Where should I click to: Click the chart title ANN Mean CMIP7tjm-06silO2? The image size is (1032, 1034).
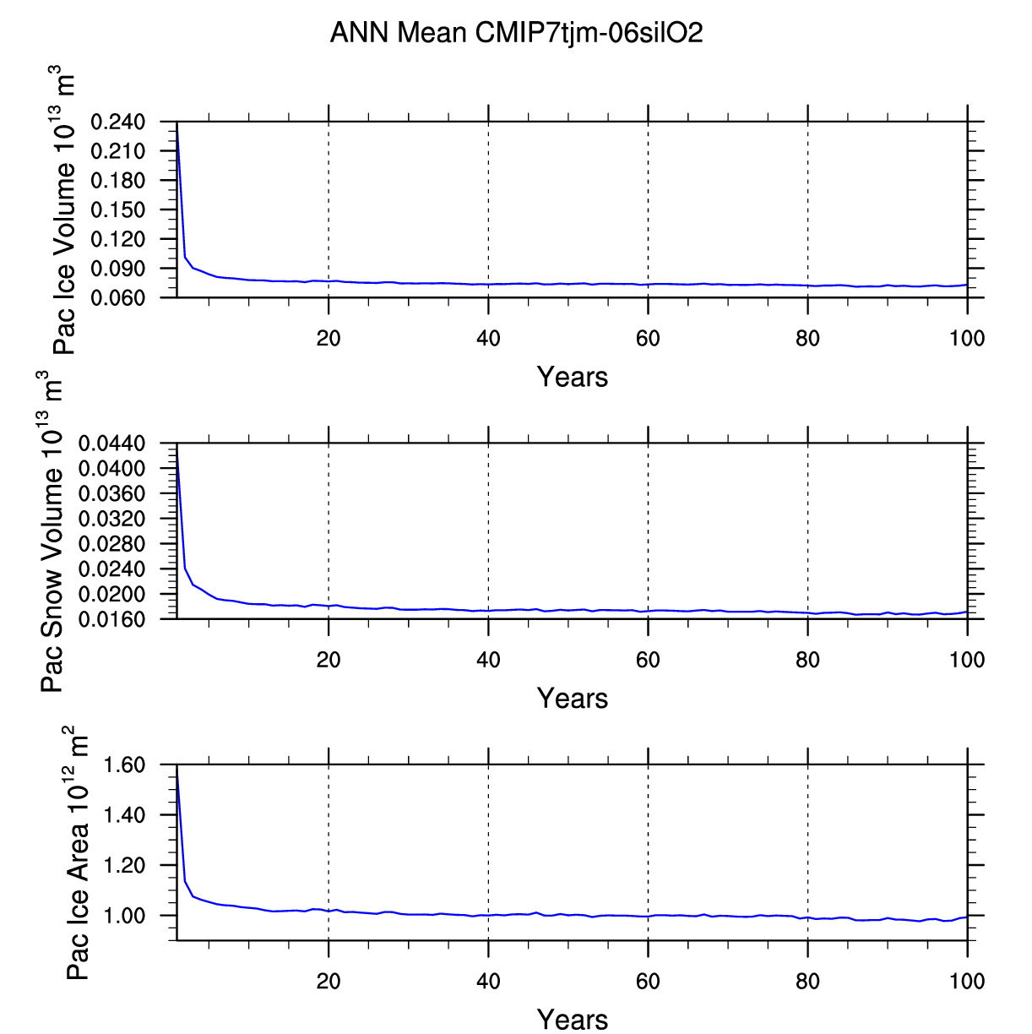click(x=516, y=33)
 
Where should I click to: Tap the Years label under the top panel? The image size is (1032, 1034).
click(x=573, y=377)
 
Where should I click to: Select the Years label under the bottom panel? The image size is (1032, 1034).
click(x=573, y=1019)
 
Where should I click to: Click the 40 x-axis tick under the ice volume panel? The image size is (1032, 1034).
click(x=488, y=339)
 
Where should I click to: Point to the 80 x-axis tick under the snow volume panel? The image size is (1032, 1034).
click(x=808, y=660)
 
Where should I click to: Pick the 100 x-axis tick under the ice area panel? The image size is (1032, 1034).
click(x=967, y=981)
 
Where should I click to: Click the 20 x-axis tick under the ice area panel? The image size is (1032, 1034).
click(x=329, y=981)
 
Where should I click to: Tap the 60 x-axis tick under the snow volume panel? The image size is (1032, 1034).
click(x=648, y=660)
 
